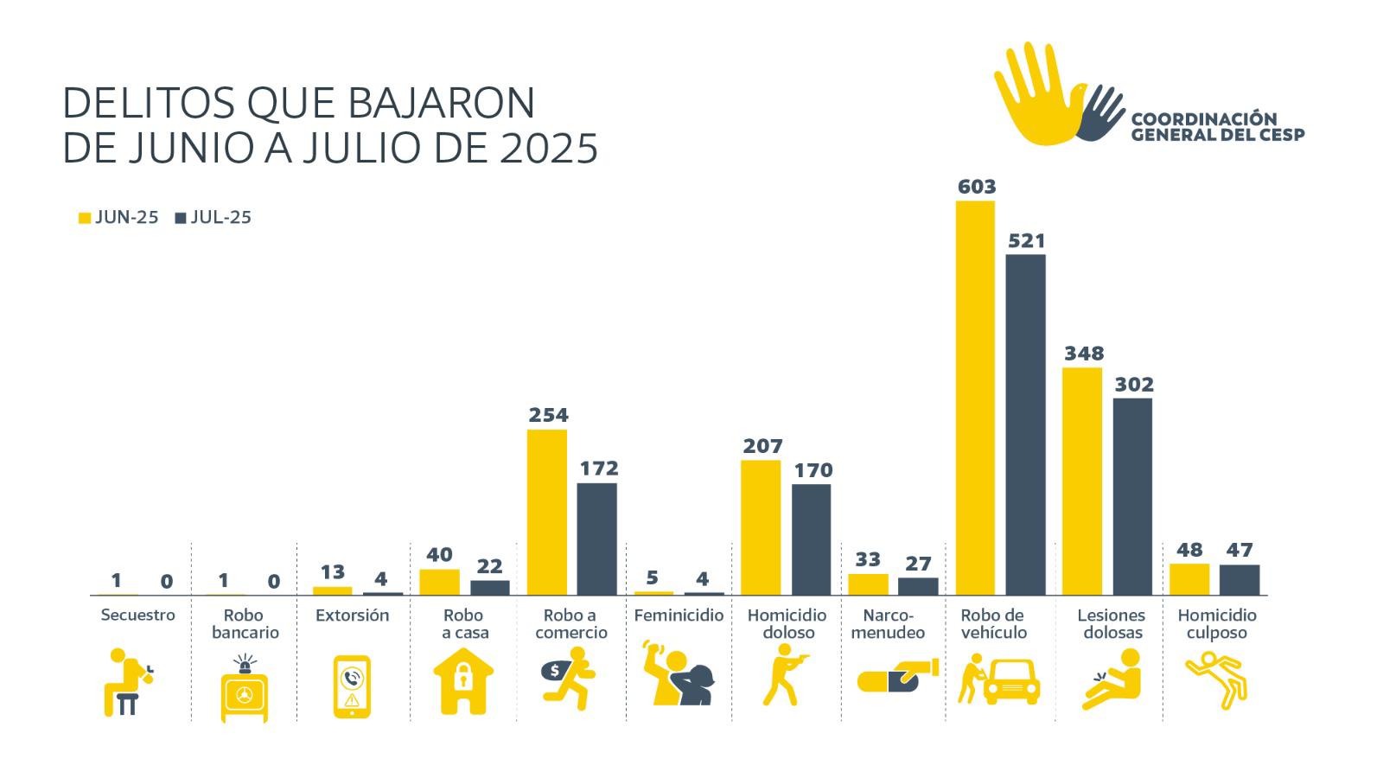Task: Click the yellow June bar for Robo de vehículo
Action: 975,398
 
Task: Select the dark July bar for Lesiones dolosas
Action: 1132,496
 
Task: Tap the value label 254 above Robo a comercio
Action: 548,415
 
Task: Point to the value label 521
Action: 1026,241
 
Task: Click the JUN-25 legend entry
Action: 118,218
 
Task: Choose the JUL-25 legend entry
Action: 214,218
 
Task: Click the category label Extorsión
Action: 352,615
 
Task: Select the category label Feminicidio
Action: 679,615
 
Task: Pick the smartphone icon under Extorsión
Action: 352,686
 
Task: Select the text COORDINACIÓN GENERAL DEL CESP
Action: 1217,126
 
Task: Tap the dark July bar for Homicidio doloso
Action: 811,539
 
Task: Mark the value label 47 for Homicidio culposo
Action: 1240,550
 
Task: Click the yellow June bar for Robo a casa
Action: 439,582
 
